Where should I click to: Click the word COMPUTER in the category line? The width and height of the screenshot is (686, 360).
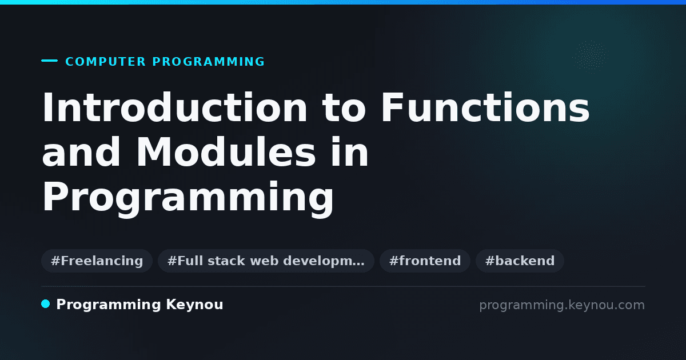pyautogui.click(x=105, y=62)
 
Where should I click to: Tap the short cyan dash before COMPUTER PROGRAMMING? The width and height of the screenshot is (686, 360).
pyautogui.click(x=49, y=61)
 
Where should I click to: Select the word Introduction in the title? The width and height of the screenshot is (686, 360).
pyautogui.click(x=174, y=107)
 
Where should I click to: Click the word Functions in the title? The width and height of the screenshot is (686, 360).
pyautogui.click(x=485, y=107)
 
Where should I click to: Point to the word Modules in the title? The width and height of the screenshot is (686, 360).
pyautogui.click(x=226, y=152)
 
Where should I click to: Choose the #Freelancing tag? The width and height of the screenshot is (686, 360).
pyautogui.click(x=97, y=261)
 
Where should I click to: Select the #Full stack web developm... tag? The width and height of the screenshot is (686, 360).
pyautogui.click(x=266, y=261)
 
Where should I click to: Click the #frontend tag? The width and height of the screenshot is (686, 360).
pyautogui.click(x=425, y=261)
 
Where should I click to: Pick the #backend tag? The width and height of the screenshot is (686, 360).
pyautogui.click(x=520, y=261)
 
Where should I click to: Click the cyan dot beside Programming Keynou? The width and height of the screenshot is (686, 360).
pyautogui.click(x=46, y=304)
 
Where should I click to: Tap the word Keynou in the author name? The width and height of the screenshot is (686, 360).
pyautogui.click(x=194, y=305)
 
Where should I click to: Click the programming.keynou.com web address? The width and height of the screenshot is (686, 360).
pyautogui.click(x=562, y=305)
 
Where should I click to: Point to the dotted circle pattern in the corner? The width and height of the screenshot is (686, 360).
pyautogui.click(x=590, y=55)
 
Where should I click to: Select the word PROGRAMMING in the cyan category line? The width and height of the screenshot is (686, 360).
pyautogui.click(x=208, y=62)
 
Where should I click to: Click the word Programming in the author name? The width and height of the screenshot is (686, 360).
pyautogui.click(x=109, y=305)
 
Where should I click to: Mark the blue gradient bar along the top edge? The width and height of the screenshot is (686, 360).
pyautogui.click(x=343, y=2)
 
